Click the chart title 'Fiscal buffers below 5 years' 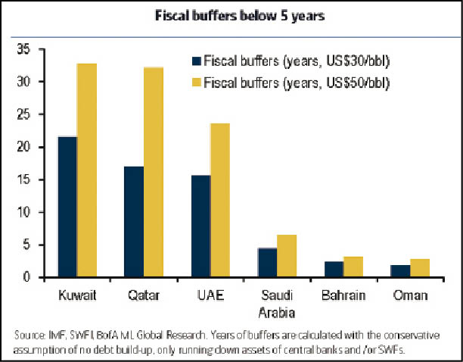(x=231, y=14)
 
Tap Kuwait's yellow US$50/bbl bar (x=86, y=170)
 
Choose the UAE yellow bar (x=220, y=201)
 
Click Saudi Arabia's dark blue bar (x=267, y=263)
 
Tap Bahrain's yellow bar (x=353, y=267)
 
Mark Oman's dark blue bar (x=400, y=271)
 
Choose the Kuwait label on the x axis (x=76, y=295)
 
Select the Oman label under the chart (x=409, y=295)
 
